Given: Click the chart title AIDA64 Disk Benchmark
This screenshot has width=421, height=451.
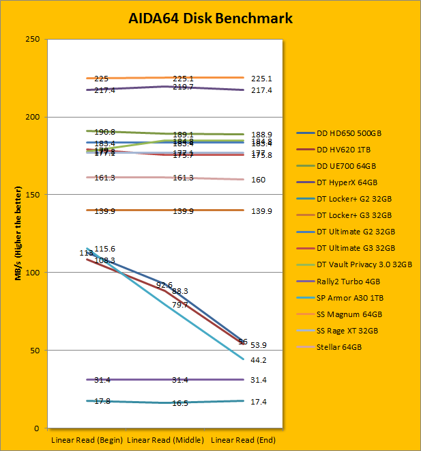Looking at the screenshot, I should pos(210,18).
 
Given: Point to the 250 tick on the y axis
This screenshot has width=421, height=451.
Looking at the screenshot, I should pos(32,39).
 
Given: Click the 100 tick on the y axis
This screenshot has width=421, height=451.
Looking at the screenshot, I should pos(32,273).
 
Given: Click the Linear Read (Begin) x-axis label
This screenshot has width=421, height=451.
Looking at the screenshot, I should pos(87,439).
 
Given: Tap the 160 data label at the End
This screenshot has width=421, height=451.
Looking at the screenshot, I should pos(259,180).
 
